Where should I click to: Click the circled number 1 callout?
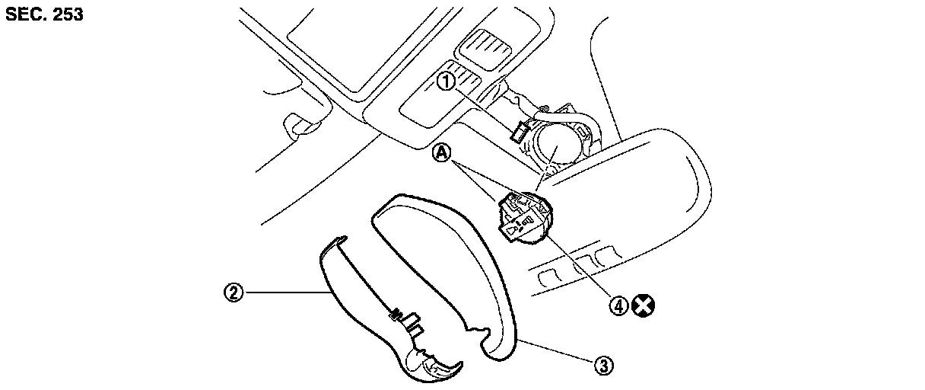[446, 80]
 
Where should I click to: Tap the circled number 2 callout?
[234, 292]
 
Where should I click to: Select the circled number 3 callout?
[602, 366]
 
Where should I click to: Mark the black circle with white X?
[645, 306]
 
